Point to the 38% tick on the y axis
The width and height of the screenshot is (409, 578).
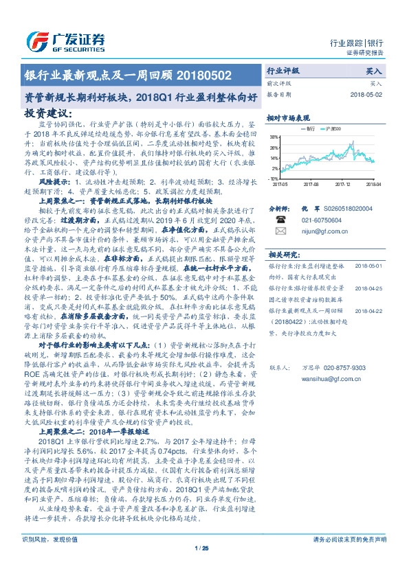[274, 137]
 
